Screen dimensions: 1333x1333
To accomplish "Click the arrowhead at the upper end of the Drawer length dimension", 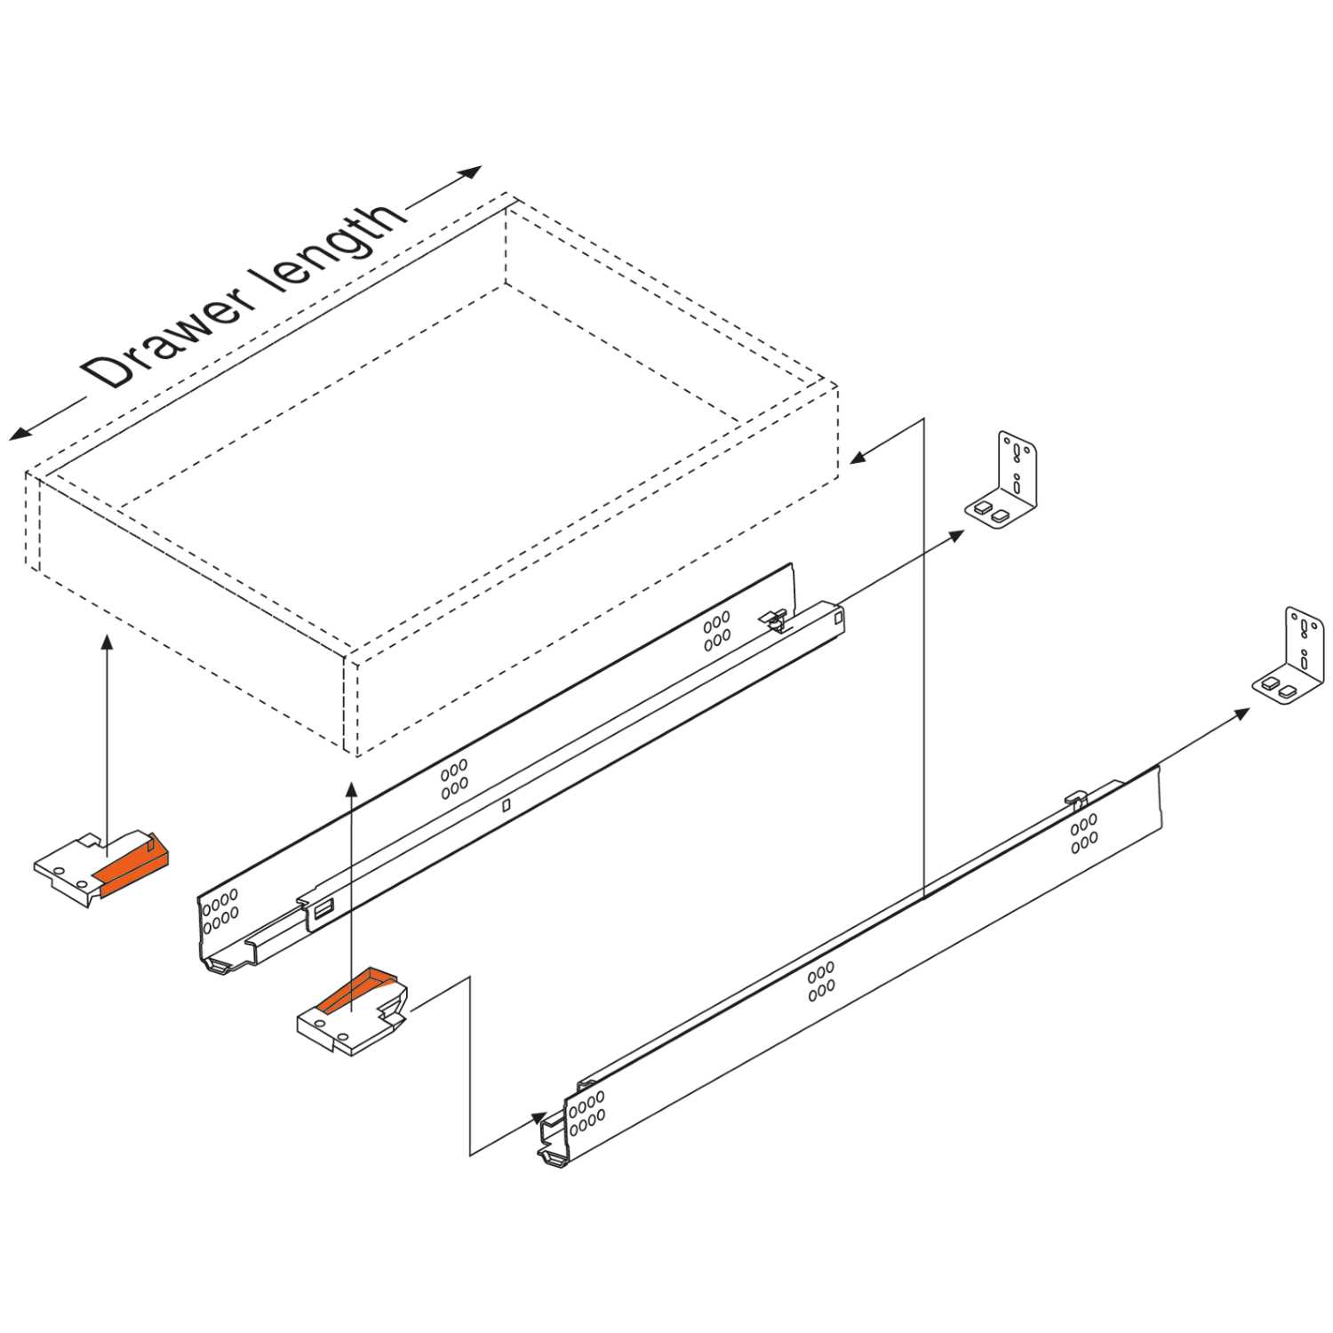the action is [x=471, y=172].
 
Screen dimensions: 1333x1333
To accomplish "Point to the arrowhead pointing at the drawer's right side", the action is [x=858, y=457].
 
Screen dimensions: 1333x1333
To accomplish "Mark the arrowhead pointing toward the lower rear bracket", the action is [x=1241, y=713].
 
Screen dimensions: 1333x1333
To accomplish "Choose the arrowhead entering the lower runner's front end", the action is [x=539, y=1116].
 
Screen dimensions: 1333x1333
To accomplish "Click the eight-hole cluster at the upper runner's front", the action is [x=220, y=911].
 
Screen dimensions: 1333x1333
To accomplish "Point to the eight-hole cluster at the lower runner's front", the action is [x=587, y=1113].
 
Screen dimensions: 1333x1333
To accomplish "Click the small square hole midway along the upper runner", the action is [x=506, y=805].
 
